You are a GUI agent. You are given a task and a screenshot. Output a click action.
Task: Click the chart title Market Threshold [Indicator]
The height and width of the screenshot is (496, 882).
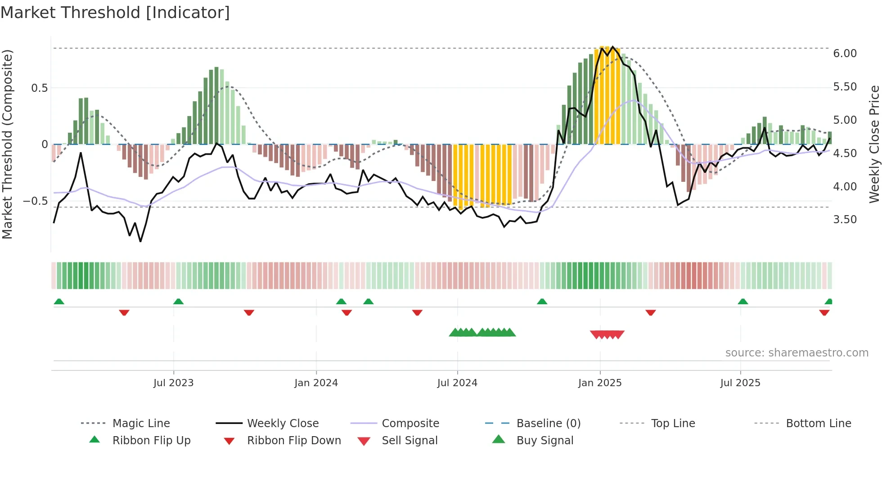click(x=115, y=13)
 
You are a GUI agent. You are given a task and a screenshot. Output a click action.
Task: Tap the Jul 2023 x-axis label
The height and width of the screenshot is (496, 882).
click(x=173, y=383)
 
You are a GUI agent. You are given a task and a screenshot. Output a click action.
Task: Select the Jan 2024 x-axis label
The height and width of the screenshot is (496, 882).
click(x=316, y=383)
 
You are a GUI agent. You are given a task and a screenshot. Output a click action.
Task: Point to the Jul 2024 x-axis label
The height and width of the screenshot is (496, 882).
click(x=457, y=383)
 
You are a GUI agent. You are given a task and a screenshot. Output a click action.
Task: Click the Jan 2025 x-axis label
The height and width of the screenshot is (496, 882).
click(x=600, y=383)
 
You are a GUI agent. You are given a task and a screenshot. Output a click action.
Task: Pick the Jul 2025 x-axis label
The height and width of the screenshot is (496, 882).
click(x=740, y=383)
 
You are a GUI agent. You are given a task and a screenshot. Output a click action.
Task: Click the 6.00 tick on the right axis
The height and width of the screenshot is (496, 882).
click(x=845, y=54)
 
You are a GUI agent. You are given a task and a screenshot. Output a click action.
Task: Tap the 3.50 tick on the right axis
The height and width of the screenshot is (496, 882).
click(x=845, y=220)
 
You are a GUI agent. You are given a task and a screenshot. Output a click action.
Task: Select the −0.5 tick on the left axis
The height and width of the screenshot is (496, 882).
click(x=36, y=201)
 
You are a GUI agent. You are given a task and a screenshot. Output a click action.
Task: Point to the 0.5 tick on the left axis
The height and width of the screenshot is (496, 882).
click(x=39, y=88)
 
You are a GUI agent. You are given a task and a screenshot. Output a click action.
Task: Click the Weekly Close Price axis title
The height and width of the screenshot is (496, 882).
click(x=873, y=144)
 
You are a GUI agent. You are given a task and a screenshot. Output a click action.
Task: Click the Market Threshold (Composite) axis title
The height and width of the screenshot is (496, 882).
click(x=7, y=144)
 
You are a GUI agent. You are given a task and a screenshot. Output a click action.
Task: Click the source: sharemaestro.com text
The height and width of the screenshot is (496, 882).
click(x=796, y=353)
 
